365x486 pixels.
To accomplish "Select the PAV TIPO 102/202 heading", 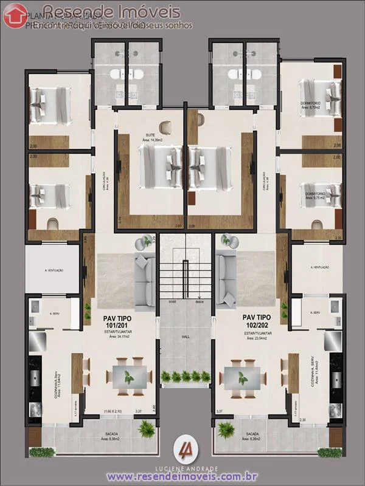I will pyautogui.click(x=257, y=321).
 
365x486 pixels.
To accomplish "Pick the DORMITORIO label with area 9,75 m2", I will pyautogui.click(x=315, y=195).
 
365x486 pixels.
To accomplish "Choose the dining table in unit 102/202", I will pyautogui.click(x=242, y=377).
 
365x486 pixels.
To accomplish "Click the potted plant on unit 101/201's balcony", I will pyautogui.click(x=146, y=429).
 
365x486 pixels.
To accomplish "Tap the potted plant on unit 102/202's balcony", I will pyautogui.click(x=226, y=429).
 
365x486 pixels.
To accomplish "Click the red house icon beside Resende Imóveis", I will pyautogui.click(x=15, y=16).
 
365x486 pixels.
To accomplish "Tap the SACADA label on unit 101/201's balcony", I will pyautogui.click(x=111, y=434).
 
